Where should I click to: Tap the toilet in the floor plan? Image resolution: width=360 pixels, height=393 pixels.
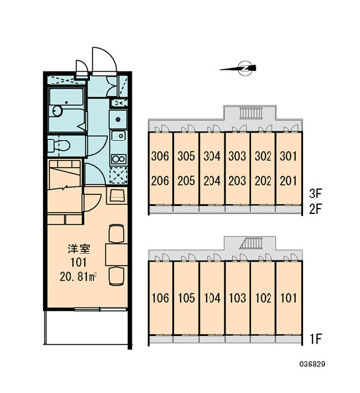coord(58,144)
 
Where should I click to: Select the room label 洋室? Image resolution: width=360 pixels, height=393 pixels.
coord(78,250)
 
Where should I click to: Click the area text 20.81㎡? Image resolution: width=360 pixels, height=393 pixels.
coord(78,277)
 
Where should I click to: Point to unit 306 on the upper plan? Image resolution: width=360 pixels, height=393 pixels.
coord(160,156)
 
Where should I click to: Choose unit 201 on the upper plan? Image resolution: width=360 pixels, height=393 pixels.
coord(288,181)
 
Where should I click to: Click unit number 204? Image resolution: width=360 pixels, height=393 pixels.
coord(211,181)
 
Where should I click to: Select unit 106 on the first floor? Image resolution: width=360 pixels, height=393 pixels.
coord(160,298)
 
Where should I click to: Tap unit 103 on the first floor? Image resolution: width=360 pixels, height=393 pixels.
coord(237,298)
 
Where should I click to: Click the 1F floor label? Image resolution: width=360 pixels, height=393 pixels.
coord(316,339)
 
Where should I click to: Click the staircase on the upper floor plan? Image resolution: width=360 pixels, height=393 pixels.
coord(251,113)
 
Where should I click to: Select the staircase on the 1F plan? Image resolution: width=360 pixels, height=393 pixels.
coord(251,244)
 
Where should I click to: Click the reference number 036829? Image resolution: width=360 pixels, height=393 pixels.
coord(312,364)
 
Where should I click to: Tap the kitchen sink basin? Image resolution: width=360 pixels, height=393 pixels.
coord(118,135)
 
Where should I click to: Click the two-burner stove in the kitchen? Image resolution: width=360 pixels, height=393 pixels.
coord(118,159)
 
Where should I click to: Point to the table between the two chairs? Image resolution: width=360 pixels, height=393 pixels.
coord(116,254)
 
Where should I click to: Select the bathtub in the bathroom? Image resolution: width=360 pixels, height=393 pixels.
coord(67,96)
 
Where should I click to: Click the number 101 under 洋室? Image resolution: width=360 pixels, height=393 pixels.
coord(78,262)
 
